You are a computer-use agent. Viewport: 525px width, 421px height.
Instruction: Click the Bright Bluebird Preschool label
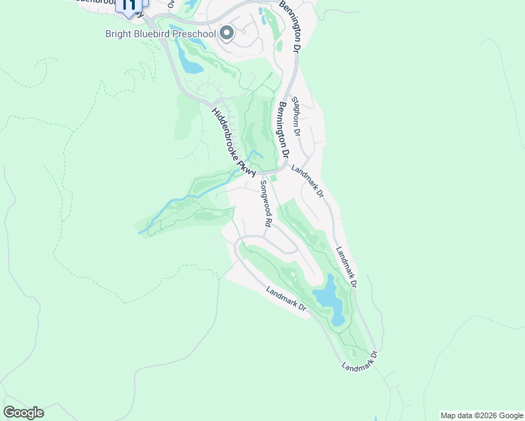pyautogui.click(x=160, y=33)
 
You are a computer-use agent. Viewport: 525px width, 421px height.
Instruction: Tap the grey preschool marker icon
pyautogui.click(x=227, y=33)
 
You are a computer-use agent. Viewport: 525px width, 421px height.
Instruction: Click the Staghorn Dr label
pyautogui.click(x=296, y=116)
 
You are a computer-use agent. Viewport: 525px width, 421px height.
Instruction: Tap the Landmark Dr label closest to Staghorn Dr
pyautogui.click(x=306, y=180)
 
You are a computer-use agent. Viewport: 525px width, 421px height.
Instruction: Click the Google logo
pyautogui.click(x=23, y=413)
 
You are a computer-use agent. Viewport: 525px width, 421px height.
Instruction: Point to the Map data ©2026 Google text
pyautogui.click(x=481, y=415)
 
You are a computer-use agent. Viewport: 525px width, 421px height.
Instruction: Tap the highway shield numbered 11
pyautogui.click(x=128, y=6)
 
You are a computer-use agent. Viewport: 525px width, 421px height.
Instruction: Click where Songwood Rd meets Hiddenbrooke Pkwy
pyautogui.click(x=258, y=173)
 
